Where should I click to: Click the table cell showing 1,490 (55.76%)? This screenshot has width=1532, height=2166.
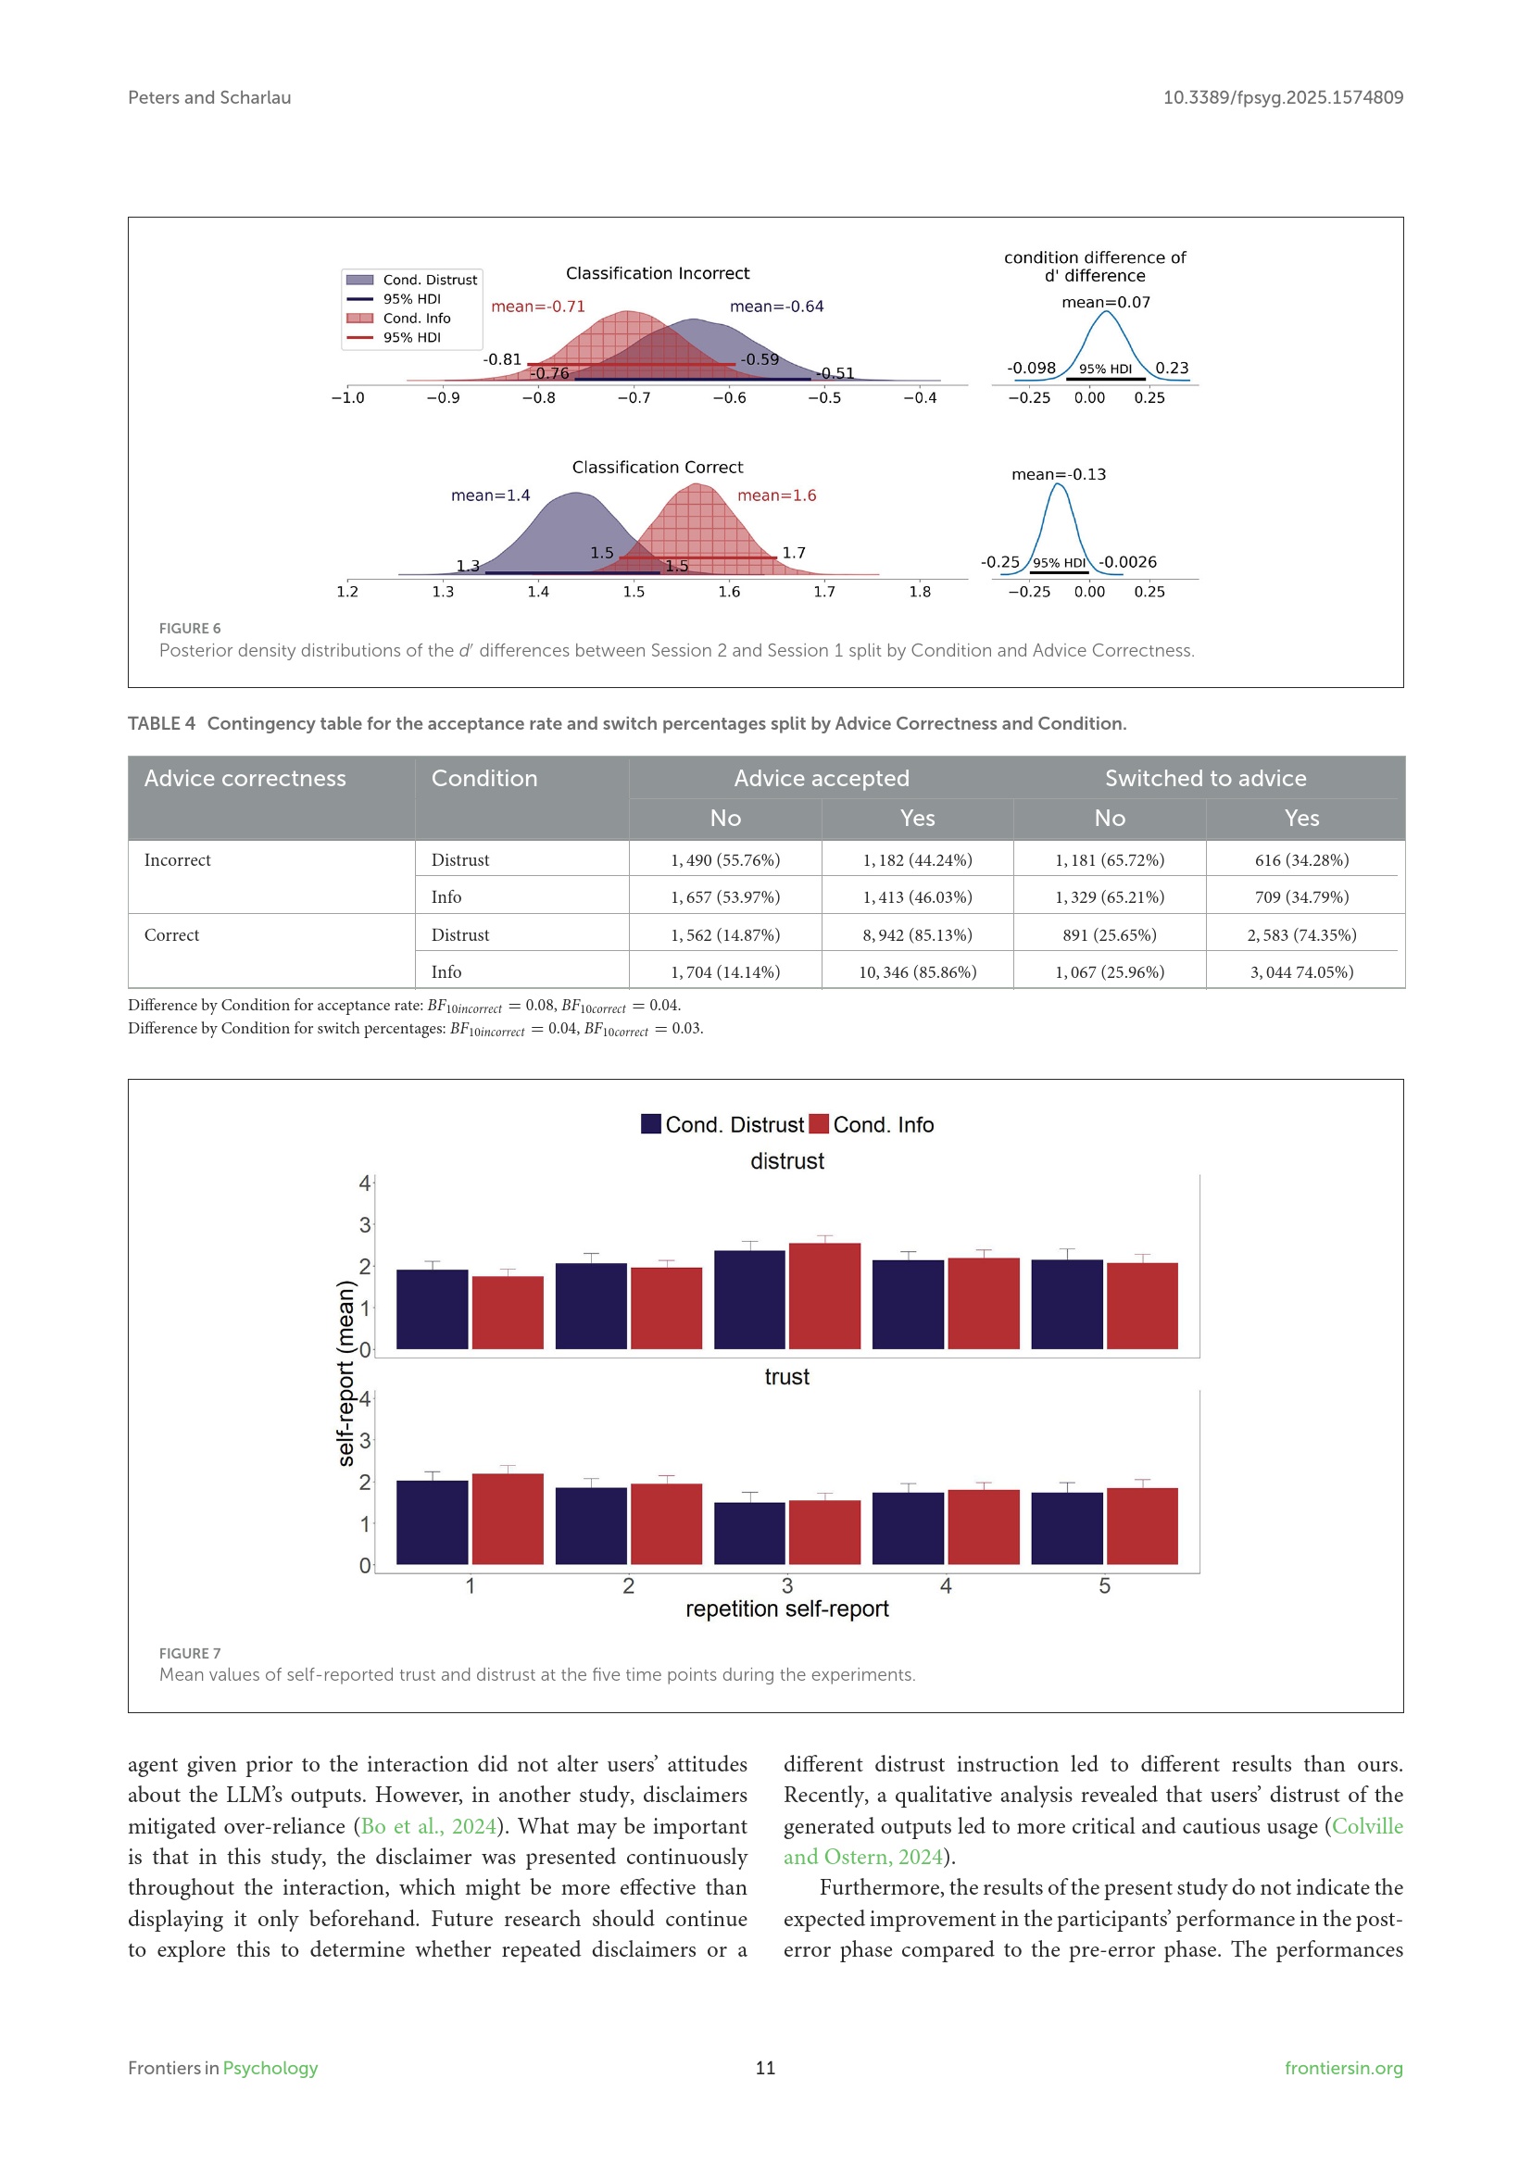(x=724, y=859)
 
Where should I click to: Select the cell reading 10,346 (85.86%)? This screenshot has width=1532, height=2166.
(x=917, y=971)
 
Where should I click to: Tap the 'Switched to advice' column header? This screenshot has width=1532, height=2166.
(x=1205, y=778)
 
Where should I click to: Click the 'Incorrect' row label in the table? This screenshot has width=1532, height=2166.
(x=177, y=859)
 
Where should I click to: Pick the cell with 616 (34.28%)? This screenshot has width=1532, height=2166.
(x=1300, y=859)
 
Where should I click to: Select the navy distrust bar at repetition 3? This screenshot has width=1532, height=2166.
(x=749, y=1300)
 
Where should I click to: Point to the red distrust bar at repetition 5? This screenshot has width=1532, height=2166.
(x=1141, y=1306)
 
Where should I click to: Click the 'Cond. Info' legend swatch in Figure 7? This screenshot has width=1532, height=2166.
(x=819, y=1123)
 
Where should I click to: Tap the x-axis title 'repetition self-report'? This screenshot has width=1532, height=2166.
(x=786, y=1609)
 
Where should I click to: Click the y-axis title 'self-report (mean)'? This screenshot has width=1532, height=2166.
(x=346, y=1372)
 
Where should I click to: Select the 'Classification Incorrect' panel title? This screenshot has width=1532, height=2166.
(x=658, y=273)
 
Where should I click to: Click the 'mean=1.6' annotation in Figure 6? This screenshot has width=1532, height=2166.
(x=776, y=495)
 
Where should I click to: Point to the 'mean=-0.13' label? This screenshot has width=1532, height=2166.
(x=1059, y=474)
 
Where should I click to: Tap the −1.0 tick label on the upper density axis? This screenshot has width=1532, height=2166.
(x=347, y=398)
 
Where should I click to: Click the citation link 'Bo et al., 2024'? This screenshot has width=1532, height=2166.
(x=429, y=1826)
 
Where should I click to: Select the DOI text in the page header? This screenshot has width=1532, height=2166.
(x=1282, y=97)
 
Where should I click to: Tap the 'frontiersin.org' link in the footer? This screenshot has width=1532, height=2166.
(x=1342, y=2068)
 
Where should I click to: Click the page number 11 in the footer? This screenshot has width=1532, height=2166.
(x=765, y=2068)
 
